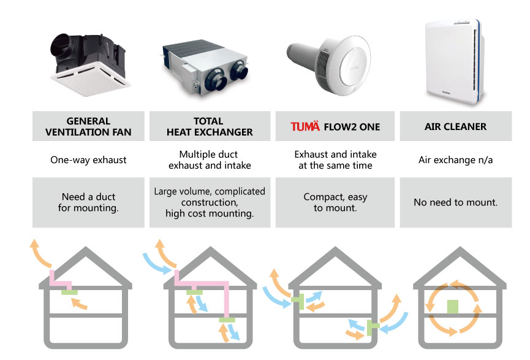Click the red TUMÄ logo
(x=305, y=126)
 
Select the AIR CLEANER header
(x=456, y=126)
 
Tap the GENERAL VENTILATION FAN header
(x=88, y=126)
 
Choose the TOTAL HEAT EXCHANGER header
(x=210, y=126)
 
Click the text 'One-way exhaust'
(x=88, y=159)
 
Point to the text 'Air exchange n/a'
(x=456, y=159)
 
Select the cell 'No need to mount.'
(x=456, y=202)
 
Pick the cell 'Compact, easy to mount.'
(x=335, y=202)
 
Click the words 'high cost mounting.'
(x=210, y=213)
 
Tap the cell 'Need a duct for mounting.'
(x=88, y=202)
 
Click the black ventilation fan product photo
(x=89, y=64)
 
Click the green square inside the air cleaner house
(x=453, y=307)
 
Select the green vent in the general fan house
(x=70, y=292)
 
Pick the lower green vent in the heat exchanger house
(x=227, y=320)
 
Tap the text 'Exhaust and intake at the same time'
(x=335, y=159)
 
